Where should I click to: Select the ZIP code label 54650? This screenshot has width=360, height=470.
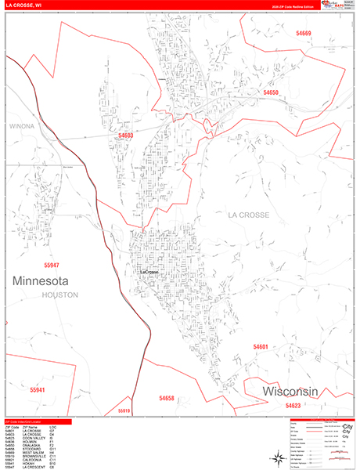click(271, 92)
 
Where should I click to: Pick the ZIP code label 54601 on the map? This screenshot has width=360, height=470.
click(261, 346)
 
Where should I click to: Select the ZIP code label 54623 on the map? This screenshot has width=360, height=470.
click(293, 406)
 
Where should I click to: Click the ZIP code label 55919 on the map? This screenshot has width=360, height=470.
click(126, 410)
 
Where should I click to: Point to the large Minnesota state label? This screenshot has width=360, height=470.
click(41, 280)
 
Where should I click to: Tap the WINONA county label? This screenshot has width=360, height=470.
click(23, 125)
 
